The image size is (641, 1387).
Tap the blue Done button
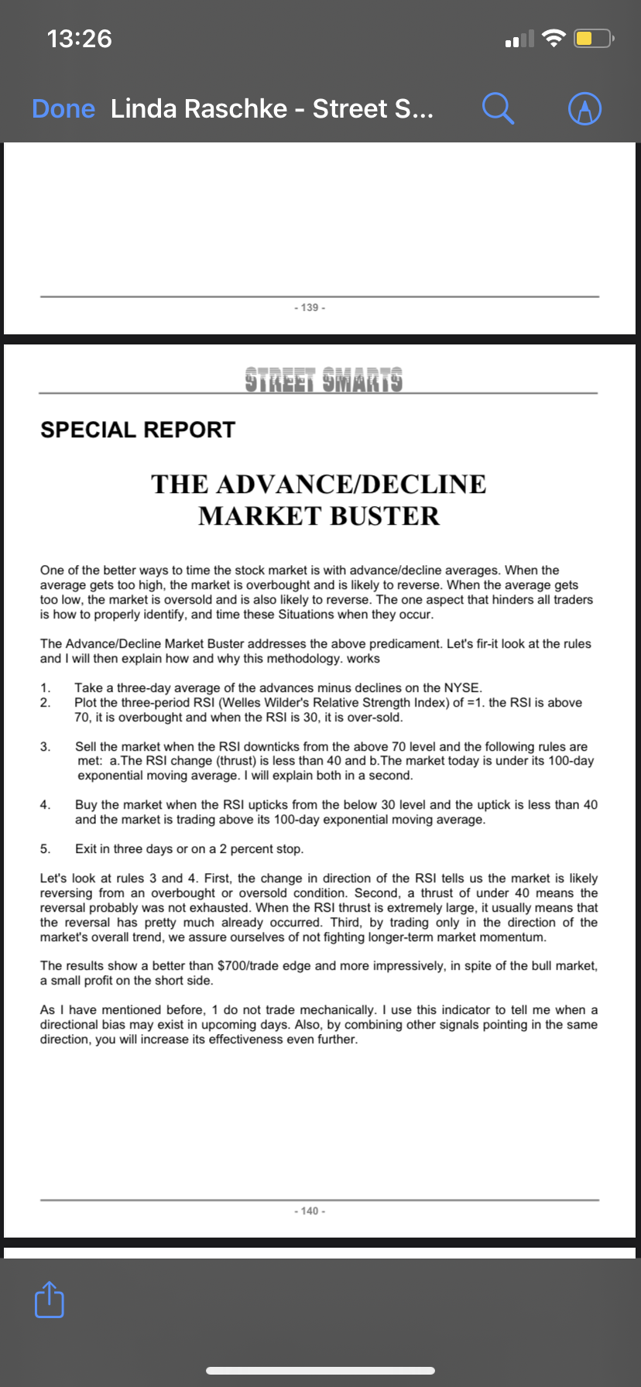63,108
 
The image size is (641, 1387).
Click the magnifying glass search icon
498,108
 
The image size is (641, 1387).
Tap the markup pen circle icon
584,108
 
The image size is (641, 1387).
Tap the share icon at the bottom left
50,1300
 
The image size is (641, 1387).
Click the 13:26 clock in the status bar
79,38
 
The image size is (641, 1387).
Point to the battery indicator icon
593,38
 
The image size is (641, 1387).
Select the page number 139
310,307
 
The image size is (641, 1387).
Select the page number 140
310,1211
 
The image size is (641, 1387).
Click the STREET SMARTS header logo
324,380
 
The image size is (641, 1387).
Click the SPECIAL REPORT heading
138,430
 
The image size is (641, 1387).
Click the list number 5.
45,849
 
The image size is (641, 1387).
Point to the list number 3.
45,747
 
